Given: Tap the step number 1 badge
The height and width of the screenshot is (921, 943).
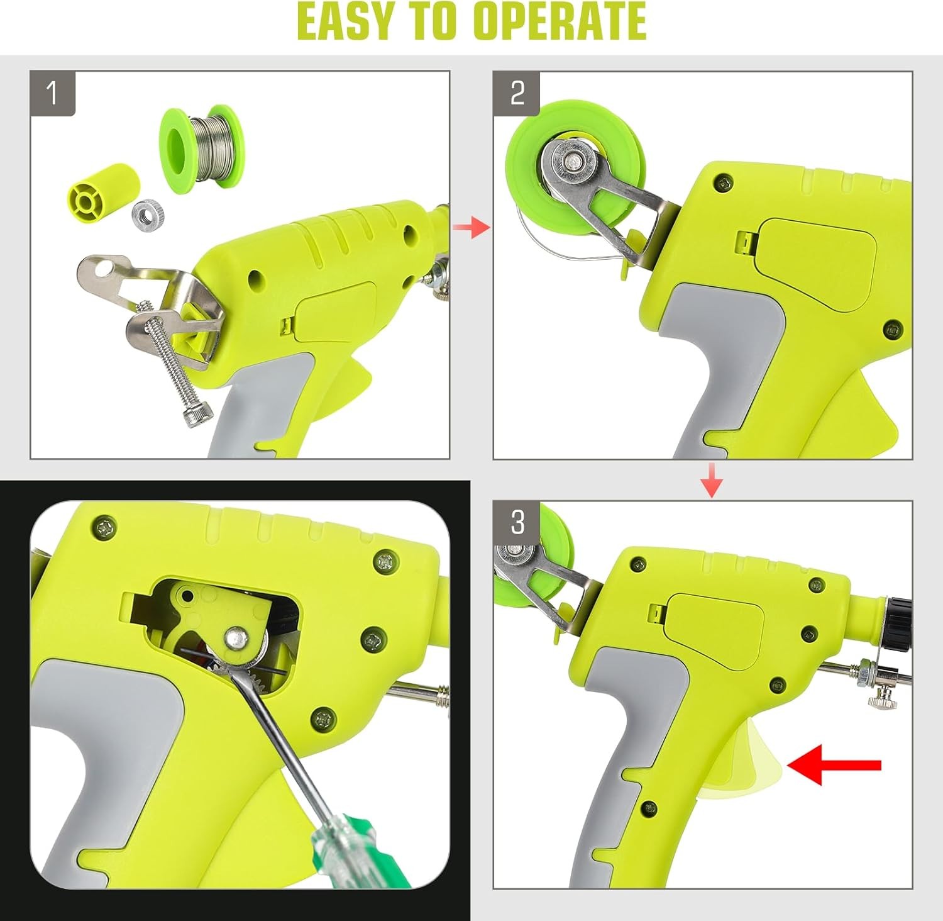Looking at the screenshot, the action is coord(53,94).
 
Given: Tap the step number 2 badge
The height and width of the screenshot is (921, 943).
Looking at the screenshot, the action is coord(517,94).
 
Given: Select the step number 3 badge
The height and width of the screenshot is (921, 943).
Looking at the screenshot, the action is coord(517,523).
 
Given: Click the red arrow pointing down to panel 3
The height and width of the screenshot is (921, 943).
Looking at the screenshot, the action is coord(712,479).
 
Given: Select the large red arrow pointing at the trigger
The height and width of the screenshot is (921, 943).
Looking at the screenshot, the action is coord(834,764).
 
